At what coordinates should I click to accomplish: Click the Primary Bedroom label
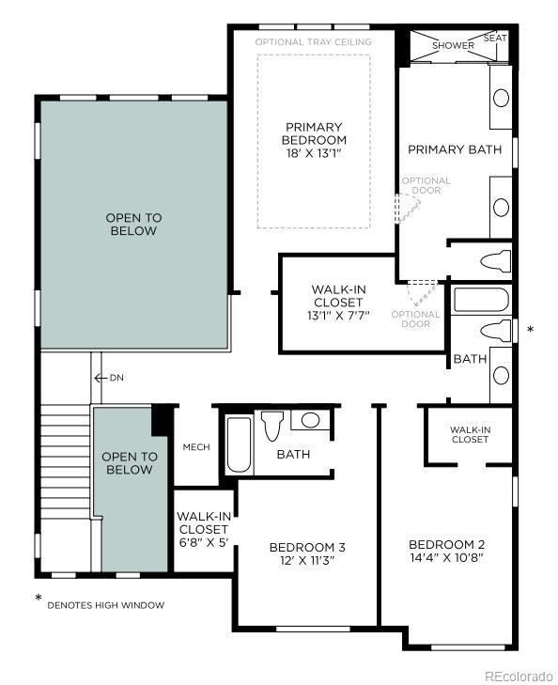pos(314,133)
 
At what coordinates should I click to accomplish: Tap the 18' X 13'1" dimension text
pos(314,153)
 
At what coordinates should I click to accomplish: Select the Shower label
pos(453,45)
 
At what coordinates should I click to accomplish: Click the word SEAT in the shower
pos(495,38)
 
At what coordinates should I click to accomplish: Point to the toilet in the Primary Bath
pos(496,261)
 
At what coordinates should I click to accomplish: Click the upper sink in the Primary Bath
pos(501,98)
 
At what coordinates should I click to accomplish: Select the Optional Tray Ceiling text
pos(313,42)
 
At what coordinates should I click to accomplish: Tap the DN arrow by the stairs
pos(101,378)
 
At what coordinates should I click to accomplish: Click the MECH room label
pos(196,447)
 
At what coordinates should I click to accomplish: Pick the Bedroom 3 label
pos(307,547)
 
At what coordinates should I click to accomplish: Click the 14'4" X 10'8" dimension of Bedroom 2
pos(446,557)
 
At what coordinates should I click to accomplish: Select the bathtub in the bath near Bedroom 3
pos(240,444)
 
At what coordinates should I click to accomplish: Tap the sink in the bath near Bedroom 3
pos(310,420)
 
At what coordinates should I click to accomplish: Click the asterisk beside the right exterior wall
pos(531,330)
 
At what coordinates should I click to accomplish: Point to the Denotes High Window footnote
pos(105,605)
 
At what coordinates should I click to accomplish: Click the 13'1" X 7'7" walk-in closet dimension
pos(338,316)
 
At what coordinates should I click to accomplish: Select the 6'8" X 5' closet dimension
pos(204,542)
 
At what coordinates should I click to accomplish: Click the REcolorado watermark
pos(519,677)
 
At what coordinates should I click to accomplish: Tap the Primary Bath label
pos(455,149)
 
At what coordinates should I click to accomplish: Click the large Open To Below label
pos(133,225)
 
